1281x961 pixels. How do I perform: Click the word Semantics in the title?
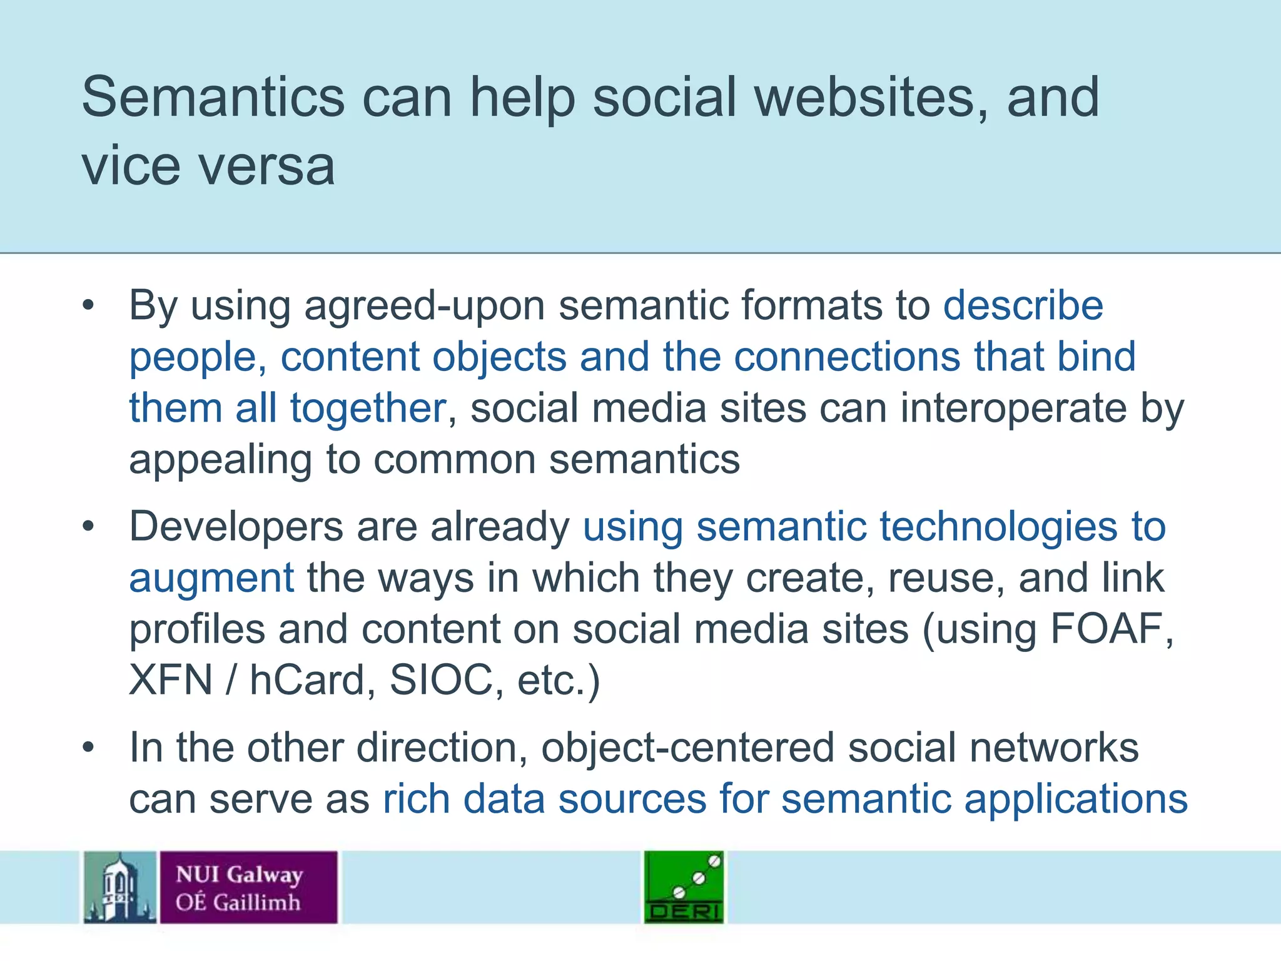pyautogui.click(x=213, y=97)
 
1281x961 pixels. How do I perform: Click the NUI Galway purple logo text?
pyautogui.click(x=248, y=887)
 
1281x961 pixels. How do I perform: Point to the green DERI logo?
pyautogui.click(x=684, y=887)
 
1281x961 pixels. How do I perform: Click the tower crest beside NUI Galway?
pyautogui.click(x=120, y=887)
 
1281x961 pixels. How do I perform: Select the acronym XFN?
pyautogui.click(x=171, y=679)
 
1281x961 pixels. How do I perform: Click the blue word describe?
pyautogui.click(x=1023, y=306)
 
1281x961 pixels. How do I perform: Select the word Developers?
pyautogui.click(x=236, y=526)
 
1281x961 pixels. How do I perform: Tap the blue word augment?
pyautogui.click(x=211, y=578)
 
